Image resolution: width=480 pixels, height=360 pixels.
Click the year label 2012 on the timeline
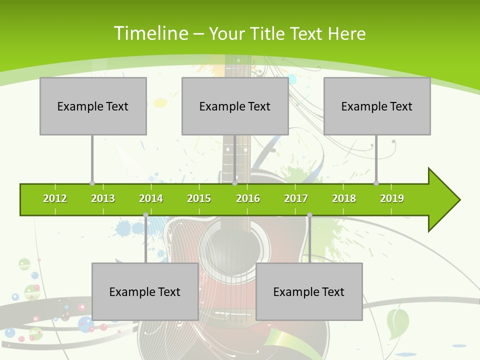pyautogui.click(x=55, y=198)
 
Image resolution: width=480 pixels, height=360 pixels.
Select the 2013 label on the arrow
pyautogui.click(x=103, y=198)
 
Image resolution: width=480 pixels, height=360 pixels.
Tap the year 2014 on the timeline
pyautogui.click(x=151, y=198)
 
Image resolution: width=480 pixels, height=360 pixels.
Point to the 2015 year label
pyautogui.click(x=199, y=198)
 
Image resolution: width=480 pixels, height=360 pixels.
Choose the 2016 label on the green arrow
pyautogui.click(x=248, y=198)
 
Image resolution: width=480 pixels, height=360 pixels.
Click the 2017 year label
pyautogui.click(x=296, y=198)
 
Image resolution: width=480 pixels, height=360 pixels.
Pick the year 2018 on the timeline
pyautogui.click(x=344, y=198)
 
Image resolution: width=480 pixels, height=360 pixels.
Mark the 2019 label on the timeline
pyautogui.click(x=392, y=198)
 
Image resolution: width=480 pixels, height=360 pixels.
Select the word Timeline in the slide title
pyautogui.click(x=150, y=33)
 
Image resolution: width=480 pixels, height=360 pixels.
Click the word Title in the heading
pyautogui.click(x=268, y=33)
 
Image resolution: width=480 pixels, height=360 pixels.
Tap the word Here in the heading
pyautogui.click(x=346, y=33)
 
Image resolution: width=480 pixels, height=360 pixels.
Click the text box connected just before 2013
pyautogui.click(x=93, y=106)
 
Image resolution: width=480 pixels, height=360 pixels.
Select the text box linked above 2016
pyautogui.click(x=235, y=106)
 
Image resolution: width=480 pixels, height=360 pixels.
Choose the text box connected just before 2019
pyautogui.click(x=377, y=106)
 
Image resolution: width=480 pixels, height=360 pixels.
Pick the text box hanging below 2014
pyautogui.click(x=145, y=291)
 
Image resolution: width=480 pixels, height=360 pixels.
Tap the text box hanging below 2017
pyautogui.click(x=309, y=291)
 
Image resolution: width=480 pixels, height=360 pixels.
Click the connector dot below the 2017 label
pyautogui.click(x=309, y=215)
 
